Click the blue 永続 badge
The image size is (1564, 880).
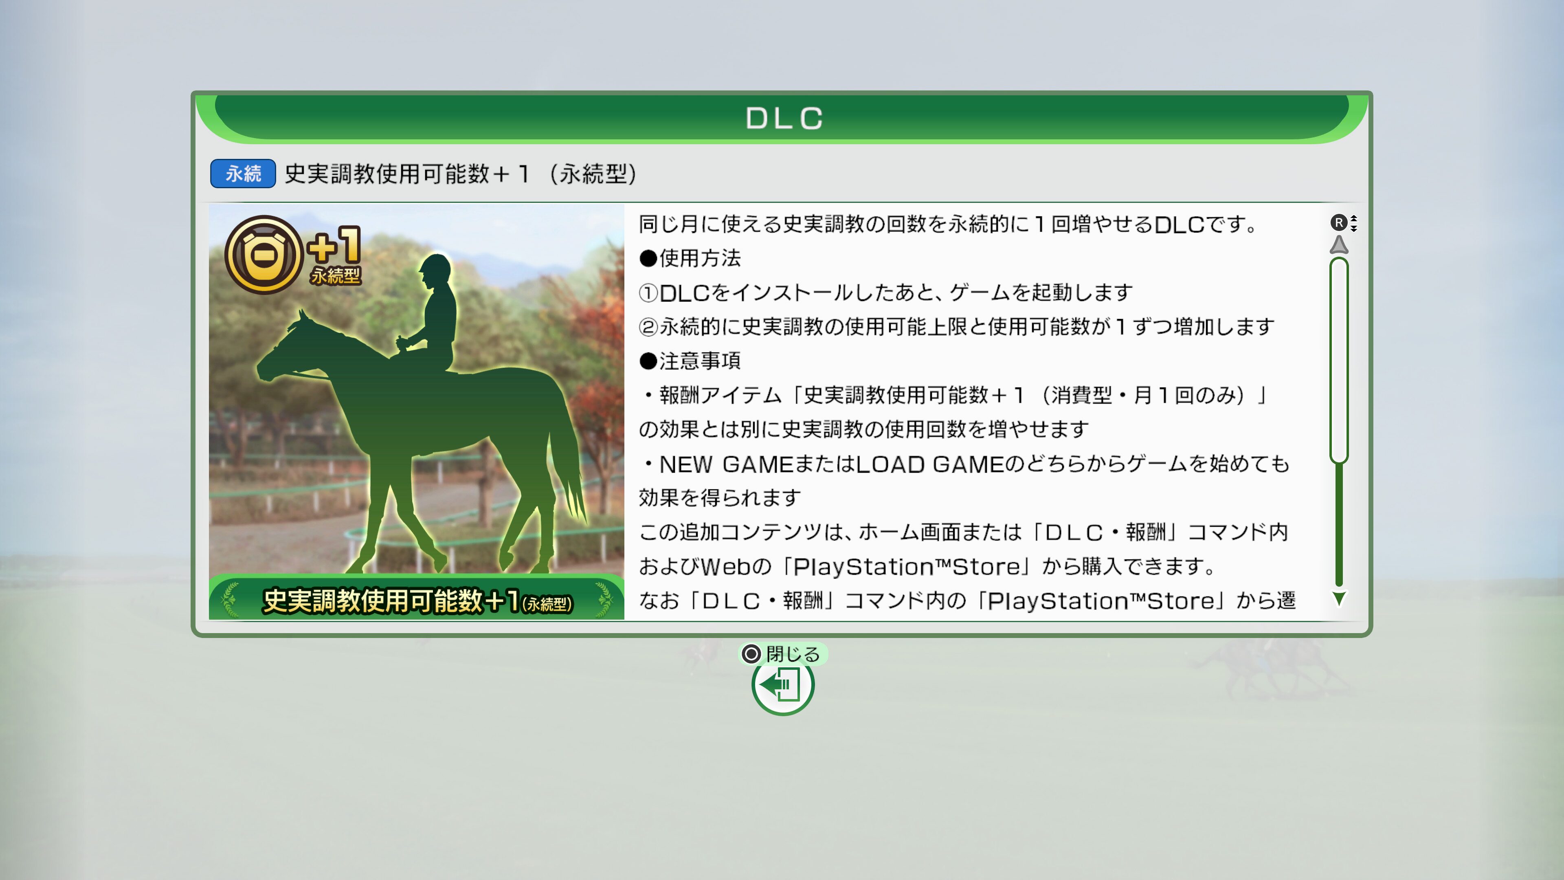(243, 174)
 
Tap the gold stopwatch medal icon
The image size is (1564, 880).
(264, 255)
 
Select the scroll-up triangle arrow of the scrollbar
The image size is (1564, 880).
(1339, 245)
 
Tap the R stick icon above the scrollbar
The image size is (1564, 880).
(1338, 223)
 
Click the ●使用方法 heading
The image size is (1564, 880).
(690, 258)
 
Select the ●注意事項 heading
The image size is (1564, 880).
(690, 361)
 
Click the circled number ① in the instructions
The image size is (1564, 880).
(648, 293)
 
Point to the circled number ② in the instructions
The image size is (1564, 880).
(648, 327)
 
